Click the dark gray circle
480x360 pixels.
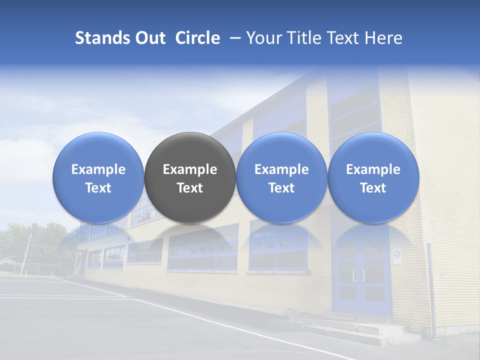point(190,177)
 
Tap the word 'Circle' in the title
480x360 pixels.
point(197,38)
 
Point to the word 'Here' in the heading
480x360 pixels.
point(384,38)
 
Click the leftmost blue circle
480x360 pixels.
point(98,177)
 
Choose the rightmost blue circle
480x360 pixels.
point(373,177)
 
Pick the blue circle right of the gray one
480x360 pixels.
point(281,177)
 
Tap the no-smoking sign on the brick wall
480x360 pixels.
point(397,255)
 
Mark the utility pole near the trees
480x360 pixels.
point(26,252)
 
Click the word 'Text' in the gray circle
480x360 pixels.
point(190,188)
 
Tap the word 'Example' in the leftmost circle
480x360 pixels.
point(98,169)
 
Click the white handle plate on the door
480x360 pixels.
point(358,275)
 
